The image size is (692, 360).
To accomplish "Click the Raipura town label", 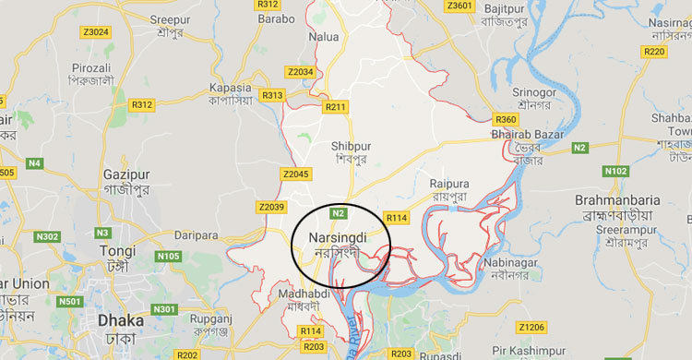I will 449,183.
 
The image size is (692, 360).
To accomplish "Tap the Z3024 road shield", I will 94,31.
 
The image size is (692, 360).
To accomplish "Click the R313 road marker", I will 273,95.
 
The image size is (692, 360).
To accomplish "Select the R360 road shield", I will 506,119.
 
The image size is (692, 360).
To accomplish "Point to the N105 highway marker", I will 169,256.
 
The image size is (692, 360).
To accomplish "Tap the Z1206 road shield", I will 531,327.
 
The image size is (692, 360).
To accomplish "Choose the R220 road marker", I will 653,51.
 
